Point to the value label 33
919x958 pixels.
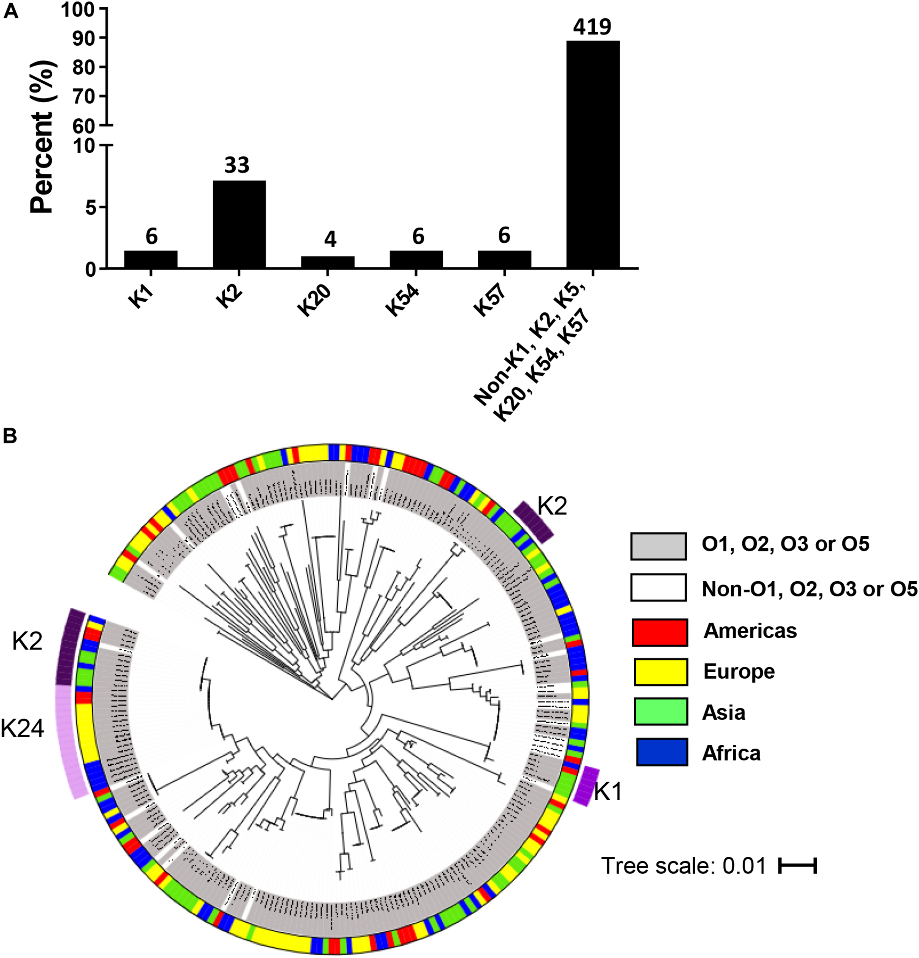pos(237,166)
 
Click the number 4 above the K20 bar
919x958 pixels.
pos(330,239)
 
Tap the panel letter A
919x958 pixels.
pos(11,11)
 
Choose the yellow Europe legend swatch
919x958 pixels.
pos(660,672)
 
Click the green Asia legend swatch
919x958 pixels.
pos(660,712)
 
